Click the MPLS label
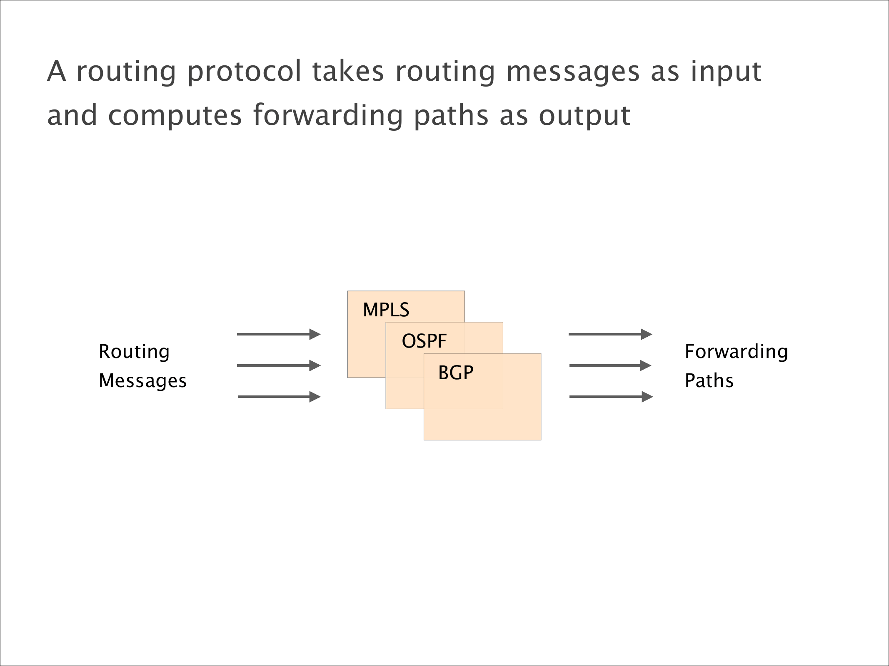tap(386, 310)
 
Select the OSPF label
tap(424, 341)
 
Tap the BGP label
tap(455, 373)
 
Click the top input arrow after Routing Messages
tap(278, 334)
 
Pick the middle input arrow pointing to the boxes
tap(278, 365)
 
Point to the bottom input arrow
tap(279, 397)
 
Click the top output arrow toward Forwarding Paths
tap(610, 334)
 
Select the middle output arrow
tap(610, 365)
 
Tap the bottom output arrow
tap(611, 397)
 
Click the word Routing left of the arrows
tap(134, 352)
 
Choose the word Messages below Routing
tap(142, 381)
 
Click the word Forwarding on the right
tap(736, 352)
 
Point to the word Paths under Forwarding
tap(709, 381)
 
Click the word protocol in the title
tap(244, 72)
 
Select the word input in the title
tap(726, 72)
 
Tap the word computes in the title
tap(175, 116)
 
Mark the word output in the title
tap(584, 116)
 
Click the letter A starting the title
tap(57, 71)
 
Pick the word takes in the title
tap(348, 71)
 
